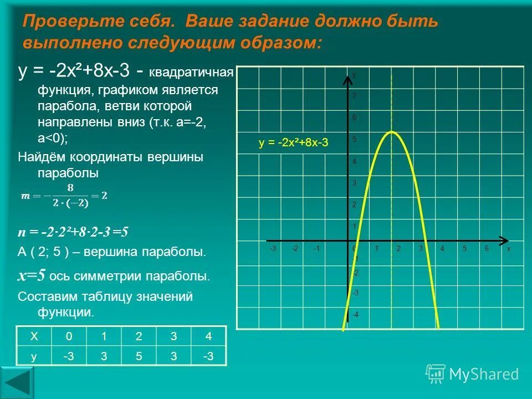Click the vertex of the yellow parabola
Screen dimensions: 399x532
[x=392, y=131]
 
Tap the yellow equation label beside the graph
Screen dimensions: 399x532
[x=294, y=142]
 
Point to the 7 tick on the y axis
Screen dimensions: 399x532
[x=354, y=96]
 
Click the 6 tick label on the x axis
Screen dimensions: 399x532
[x=486, y=249]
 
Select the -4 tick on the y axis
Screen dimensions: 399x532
[x=354, y=314]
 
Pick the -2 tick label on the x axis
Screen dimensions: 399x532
[x=295, y=249]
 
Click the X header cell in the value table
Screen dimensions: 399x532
[x=34, y=336]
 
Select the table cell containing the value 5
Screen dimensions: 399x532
[x=139, y=356]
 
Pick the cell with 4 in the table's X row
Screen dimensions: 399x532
[x=208, y=336]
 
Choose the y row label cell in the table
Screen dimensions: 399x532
[x=34, y=356]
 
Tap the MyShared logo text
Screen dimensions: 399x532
[x=484, y=375]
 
